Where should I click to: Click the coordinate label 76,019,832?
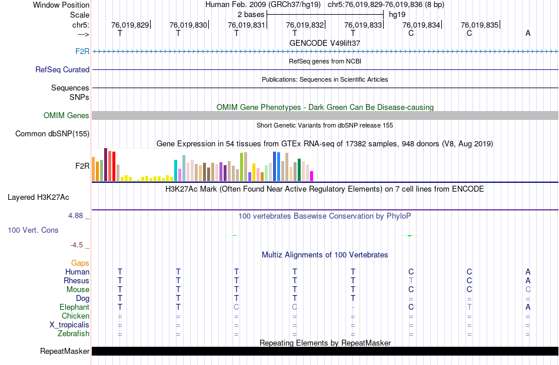tap(305, 25)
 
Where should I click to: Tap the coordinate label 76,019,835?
tap(480, 25)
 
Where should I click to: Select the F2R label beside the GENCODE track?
tap(82, 52)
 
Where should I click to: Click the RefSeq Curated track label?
tap(62, 69)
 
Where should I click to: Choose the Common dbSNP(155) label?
tap(52, 134)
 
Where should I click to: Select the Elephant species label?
tap(74, 307)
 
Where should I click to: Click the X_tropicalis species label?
tap(69, 324)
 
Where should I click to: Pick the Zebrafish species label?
tap(73, 333)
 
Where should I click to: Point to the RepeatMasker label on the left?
tap(65, 351)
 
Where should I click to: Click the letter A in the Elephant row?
tap(528, 307)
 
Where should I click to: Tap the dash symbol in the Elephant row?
tap(353, 307)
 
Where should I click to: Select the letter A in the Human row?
tap(528, 272)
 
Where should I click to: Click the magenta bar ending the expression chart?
tap(312, 176)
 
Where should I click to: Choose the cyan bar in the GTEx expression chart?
tap(175, 170)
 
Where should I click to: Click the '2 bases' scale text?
tap(251, 14)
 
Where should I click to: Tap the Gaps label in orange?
tap(80, 263)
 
